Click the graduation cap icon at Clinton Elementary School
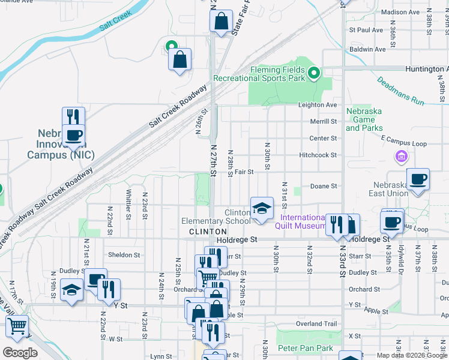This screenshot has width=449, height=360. point(261,208)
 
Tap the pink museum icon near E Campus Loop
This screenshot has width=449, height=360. point(401,157)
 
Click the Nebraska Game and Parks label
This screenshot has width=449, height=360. point(364,119)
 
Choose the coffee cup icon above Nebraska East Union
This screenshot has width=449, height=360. point(418,178)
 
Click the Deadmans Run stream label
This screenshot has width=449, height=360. point(400,91)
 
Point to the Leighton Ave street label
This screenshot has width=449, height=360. point(318,105)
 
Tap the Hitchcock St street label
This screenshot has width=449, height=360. point(318,155)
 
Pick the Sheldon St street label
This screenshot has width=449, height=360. point(124,255)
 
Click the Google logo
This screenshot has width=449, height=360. point(20,353)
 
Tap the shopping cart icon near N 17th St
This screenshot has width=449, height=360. point(17,326)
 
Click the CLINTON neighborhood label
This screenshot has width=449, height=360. point(208,232)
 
